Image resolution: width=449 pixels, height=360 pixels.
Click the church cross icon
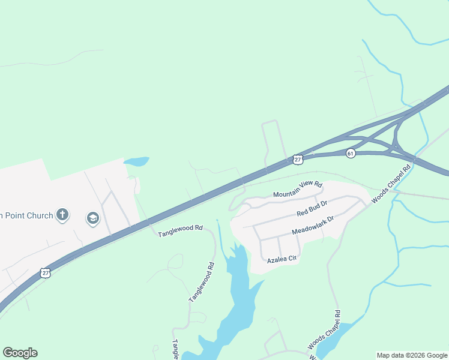[x=62, y=215]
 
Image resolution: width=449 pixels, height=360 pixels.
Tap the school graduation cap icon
[x=92, y=218]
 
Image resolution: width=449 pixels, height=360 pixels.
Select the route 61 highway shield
[x=351, y=154]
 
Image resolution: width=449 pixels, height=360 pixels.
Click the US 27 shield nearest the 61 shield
[x=298, y=159]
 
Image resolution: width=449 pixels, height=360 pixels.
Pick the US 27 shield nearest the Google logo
[x=46, y=273]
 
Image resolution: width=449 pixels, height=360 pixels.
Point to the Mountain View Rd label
[x=298, y=190]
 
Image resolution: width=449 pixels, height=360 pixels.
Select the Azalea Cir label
[x=282, y=259]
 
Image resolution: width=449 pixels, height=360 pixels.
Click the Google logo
[x=20, y=353]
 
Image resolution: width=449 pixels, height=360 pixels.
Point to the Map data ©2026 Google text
[x=412, y=355]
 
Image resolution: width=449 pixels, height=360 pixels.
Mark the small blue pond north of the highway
[x=136, y=161]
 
